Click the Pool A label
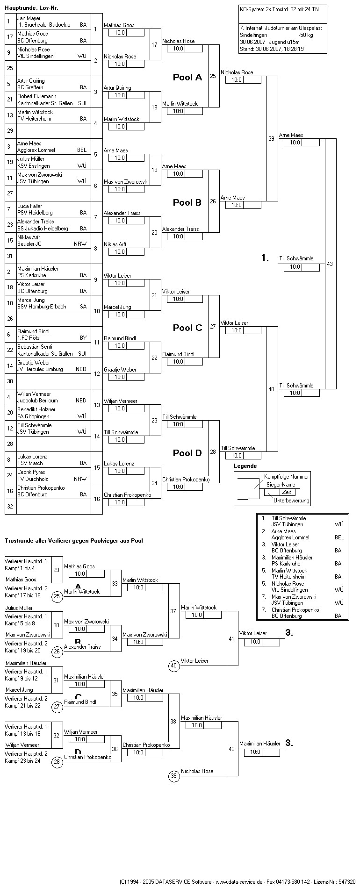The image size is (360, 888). tap(187, 78)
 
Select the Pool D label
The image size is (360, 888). tap(187, 453)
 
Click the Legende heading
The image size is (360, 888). tap(245, 466)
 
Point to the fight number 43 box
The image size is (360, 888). tap(330, 264)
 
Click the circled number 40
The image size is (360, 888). tap(174, 666)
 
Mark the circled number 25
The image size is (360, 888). tap(57, 596)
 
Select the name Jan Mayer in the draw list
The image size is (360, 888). tap(29, 18)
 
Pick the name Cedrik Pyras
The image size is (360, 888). tap(31, 472)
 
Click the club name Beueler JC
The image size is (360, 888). tap(29, 244)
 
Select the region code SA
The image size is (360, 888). tap(83, 307)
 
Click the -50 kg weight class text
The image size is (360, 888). tap(306, 35)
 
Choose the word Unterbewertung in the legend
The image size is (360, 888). tap(291, 501)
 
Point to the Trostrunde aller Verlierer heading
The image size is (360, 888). tap(73, 541)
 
